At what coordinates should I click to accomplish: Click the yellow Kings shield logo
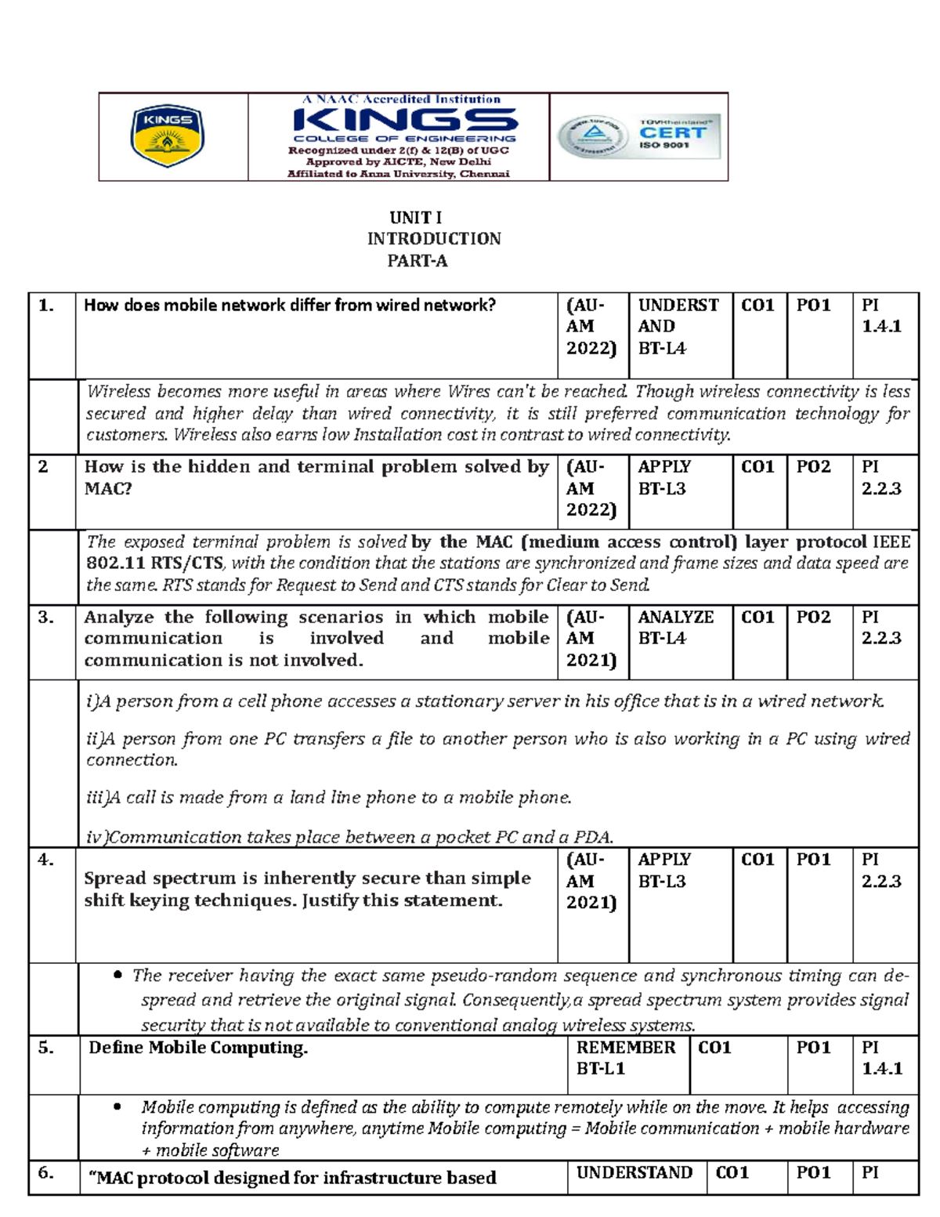167,137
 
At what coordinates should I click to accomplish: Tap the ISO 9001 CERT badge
639,137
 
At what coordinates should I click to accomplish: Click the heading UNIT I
416,218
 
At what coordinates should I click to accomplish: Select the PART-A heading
418,261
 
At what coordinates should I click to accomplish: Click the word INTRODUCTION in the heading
434,239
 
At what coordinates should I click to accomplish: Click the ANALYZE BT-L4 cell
675,628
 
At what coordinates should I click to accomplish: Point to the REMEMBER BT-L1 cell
625,1058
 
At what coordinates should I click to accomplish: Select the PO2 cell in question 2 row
814,467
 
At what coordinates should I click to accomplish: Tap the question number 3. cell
46,618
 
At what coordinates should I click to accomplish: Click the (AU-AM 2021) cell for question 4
591,881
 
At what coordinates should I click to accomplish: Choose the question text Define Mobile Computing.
198,1048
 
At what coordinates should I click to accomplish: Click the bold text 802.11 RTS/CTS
154,563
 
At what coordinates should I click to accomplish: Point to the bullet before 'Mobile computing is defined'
118,1107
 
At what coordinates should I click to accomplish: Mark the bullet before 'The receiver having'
118,976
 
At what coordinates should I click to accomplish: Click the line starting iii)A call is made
329,798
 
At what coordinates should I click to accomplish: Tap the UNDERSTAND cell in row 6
634,1172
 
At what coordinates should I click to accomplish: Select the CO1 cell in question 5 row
714,1048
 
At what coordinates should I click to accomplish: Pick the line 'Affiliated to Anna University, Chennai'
398,174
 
